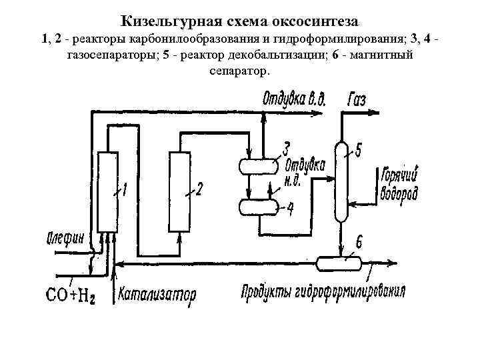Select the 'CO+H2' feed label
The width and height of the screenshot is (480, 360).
(x=69, y=294)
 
